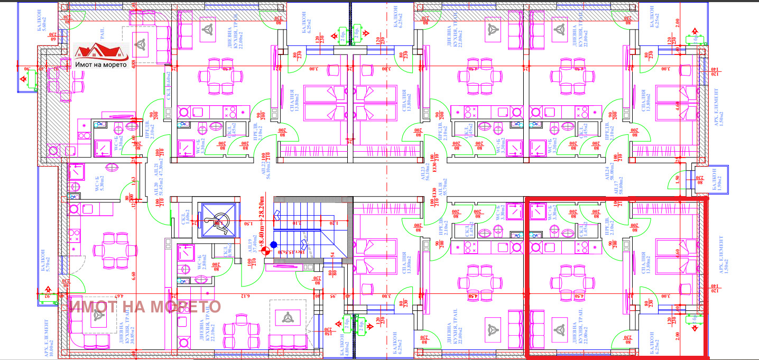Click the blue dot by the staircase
273,244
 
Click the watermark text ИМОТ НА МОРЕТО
145,307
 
